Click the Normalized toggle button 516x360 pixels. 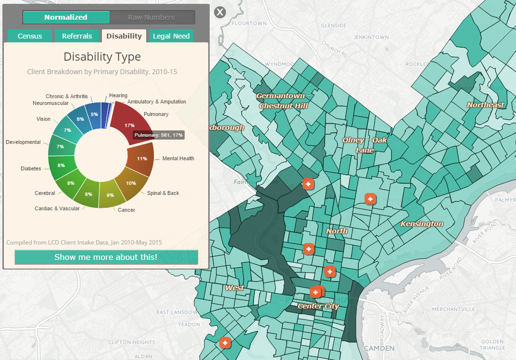click(x=66, y=17)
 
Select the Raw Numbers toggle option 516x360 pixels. click(x=151, y=17)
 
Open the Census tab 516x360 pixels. click(x=30, y=36)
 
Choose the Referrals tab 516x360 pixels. click(x=77, y=36)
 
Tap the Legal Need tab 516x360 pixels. click(x=171, y=36)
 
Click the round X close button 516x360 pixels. click(x=220, y=12)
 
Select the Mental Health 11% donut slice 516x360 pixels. click(x=140, y=158)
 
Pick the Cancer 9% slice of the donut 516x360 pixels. click(x=111, y=195)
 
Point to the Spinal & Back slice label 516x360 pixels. click(x=163, y=193)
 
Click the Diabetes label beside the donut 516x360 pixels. click(x=31, y=169)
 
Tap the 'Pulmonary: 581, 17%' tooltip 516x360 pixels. click(x=159, y=136)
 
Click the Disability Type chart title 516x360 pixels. click(x=102, y=57)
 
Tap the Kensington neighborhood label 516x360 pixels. click(x=422, y=224)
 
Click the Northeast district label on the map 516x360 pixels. click(x=486, y=105)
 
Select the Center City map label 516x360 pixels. click(x=318, y=306)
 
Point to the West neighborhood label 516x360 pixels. click(x=235, y=288)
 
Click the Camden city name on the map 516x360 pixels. click(x=379, y=348)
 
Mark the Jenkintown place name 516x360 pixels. click(x=371, y=37)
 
